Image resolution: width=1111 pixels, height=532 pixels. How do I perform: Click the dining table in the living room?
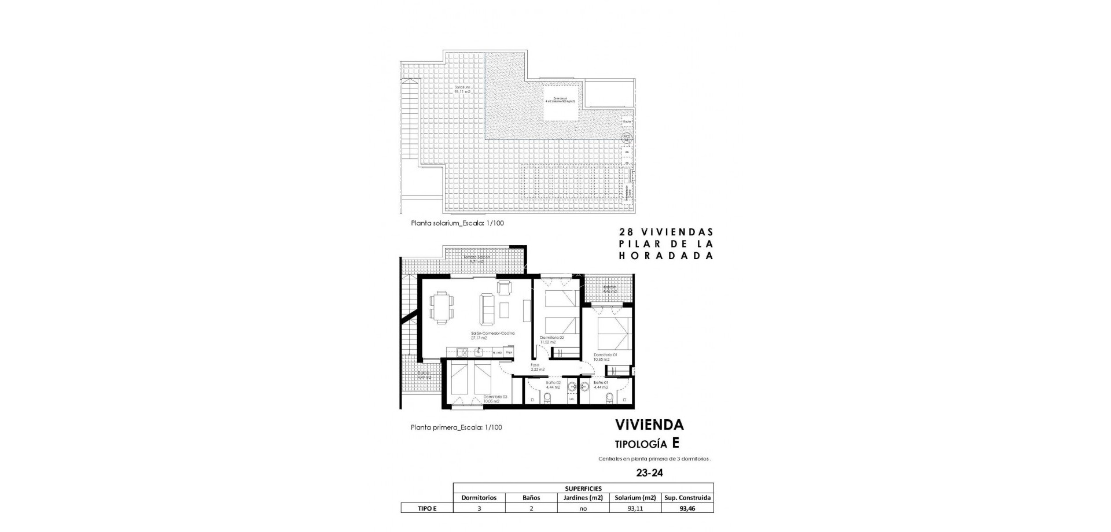[x=442, y=307]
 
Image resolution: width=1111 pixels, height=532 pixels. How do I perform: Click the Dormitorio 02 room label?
[x=551, y=337]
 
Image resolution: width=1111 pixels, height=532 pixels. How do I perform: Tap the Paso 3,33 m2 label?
[x=537, y=367]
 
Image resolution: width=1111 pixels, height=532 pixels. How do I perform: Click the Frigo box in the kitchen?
[x=509, y=352]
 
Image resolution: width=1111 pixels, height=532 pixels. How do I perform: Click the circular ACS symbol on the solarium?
[x=626, y=138]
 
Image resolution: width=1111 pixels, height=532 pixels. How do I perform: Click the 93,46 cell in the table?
[x=688, y=508]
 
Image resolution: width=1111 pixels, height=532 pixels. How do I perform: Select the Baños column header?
[x=531, y=497]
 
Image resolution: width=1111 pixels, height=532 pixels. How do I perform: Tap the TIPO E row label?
[x=426, y=508]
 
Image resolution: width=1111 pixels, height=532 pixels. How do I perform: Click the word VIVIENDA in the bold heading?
[x=649, y=425]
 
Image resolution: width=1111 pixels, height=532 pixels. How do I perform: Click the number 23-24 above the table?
[x=649, y=472]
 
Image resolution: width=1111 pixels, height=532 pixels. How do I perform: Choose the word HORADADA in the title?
[x=665, y=256]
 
